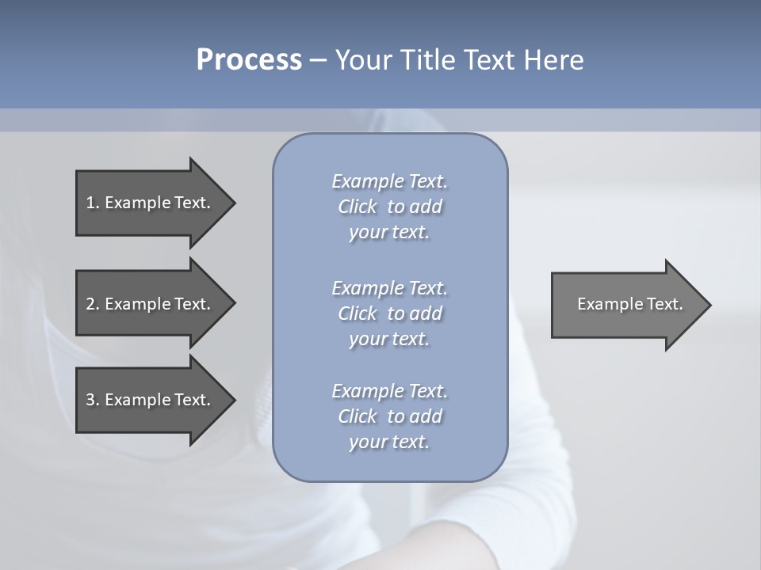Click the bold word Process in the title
click(249, 60)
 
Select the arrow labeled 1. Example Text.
click(151, 203)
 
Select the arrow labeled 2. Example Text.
click(151, 304)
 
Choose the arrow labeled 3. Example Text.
click(151, 400)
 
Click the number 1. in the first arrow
click(93, 203)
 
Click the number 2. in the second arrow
click(93, 304)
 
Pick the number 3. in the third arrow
click(93, 400)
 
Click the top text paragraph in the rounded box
click(389, 207)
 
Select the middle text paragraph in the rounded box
click(389, 313)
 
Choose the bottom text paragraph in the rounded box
click(389, 416)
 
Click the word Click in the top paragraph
click(358, 207)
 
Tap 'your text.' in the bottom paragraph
click(389, 442)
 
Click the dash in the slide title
click(318, 61)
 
